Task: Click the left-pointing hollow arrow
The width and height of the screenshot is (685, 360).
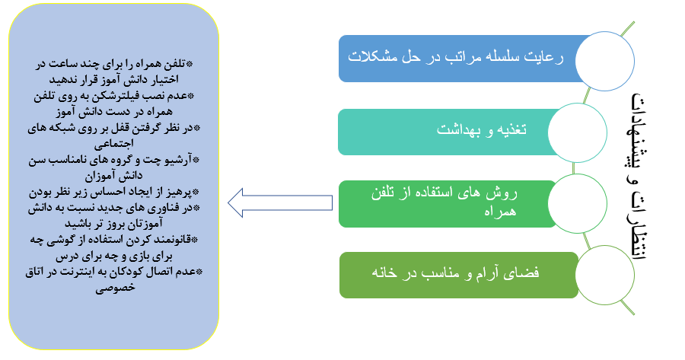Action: [x=279, y=202]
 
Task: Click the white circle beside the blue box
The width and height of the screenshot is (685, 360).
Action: [x=604, y=61]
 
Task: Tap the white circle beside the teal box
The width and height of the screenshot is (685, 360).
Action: [x=577, y=132]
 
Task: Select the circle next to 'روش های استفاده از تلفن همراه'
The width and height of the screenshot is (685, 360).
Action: [x=577, y=203]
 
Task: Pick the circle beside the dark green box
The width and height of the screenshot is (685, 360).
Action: [x=604, y=275]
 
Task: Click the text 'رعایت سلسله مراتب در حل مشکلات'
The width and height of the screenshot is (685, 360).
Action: [x=456, y=57]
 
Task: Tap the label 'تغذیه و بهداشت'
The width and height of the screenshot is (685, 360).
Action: [x=482, y=129]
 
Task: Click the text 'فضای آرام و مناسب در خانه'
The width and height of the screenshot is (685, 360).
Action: [x=455, y=272]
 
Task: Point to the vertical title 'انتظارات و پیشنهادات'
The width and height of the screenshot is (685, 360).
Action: [x=638, y=177]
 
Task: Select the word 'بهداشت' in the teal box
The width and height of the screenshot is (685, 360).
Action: [x=459, y=129]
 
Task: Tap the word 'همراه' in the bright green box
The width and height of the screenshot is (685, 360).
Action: [x=500, y=212]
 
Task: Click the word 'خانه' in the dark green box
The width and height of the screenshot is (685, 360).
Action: [x=384, y=272]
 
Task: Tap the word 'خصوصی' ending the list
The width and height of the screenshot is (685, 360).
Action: [x=116, y=288]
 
